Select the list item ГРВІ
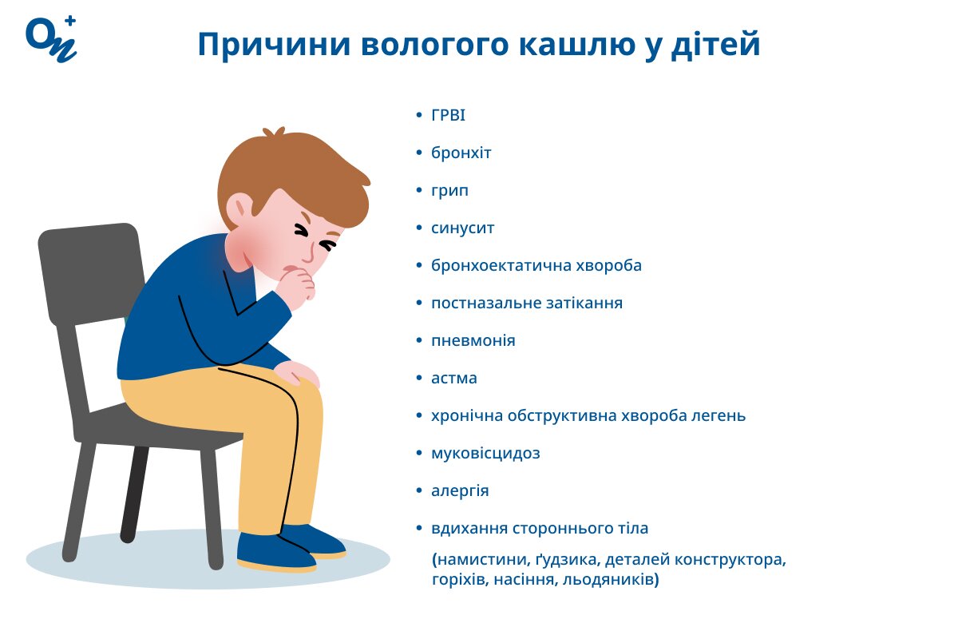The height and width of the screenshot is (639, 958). [x=448, y=116]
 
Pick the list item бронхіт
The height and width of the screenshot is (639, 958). [x=461, y=153]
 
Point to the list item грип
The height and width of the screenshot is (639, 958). [x=449, y=191]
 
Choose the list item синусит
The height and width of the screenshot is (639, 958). [x=462, y=228]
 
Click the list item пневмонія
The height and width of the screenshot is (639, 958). [x=473, y=341]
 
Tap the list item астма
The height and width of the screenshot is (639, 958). [x=453, y=379]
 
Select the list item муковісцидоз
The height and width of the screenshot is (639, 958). [x=485, y=454]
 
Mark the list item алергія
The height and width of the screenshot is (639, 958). [x=460, y=491]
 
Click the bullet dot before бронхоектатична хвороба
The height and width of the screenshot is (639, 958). [x=420, y=266]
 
